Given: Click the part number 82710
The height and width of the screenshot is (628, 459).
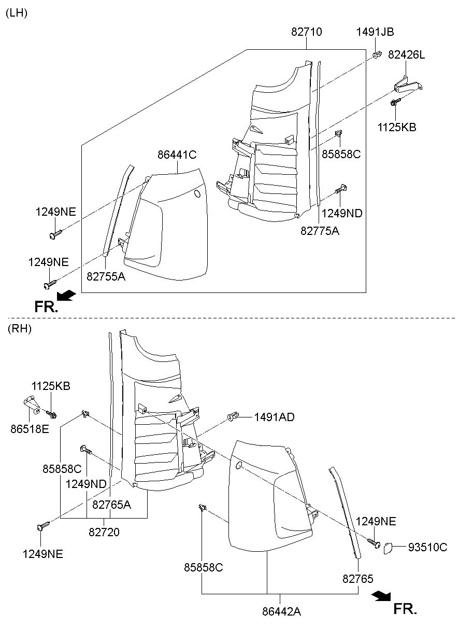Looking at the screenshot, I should (x=306, y=32).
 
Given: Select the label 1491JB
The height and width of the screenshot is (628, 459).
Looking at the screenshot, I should (x=375, y=32).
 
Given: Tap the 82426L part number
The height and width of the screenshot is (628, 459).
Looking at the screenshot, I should (x=406, y=55).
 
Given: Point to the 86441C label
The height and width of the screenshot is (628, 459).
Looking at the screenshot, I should (x=177, y=155).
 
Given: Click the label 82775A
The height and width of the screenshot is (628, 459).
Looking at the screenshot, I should (x=320, y=231).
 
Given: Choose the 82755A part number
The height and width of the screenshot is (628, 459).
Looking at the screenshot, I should (x=106, y=277).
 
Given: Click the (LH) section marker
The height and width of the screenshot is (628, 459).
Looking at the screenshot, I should (x=16, y=13).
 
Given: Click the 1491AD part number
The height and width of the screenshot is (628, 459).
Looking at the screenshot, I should (x=274, y=417).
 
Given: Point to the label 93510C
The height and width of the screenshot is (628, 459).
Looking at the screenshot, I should (x=427, y=547).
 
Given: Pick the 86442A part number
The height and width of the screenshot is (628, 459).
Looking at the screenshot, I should (x=281, y=611).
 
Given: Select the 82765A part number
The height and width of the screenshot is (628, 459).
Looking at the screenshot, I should (x=111, y=504).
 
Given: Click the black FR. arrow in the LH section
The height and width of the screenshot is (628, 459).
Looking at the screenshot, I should (x=66, y=296).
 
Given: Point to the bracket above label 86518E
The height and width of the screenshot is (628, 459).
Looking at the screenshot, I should (x=32, y=402).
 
